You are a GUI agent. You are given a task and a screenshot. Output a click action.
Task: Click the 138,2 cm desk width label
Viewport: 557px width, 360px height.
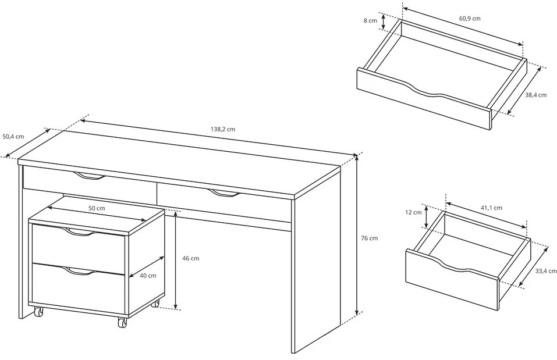[223, 129]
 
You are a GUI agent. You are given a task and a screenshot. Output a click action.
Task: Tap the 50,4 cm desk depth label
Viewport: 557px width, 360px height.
[13, 136]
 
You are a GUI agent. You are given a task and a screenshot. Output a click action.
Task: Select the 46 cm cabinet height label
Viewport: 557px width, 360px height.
[191, 258]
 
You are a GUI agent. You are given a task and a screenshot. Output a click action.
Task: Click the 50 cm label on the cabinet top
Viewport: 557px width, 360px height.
[97, 208]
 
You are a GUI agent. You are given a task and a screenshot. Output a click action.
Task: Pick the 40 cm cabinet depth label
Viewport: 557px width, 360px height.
[148, 275]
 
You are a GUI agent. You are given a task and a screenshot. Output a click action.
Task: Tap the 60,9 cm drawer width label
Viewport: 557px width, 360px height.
[470, 18]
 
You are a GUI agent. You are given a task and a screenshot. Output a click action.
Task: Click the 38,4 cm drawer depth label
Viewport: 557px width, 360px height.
[536, 95]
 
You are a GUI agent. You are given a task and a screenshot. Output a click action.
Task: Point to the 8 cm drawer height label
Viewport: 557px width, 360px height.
[370, 20]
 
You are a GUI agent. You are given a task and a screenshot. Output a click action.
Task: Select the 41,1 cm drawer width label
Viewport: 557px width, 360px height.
[491, 208]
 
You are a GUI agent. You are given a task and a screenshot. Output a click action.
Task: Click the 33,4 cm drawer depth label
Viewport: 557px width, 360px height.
[545, 271]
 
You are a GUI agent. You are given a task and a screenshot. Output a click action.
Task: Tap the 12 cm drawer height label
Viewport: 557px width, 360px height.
[413, 212]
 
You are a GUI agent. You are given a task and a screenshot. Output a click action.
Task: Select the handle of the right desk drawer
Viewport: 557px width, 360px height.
[225, 194]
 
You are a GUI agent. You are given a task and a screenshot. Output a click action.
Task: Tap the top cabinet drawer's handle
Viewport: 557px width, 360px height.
[80, 233]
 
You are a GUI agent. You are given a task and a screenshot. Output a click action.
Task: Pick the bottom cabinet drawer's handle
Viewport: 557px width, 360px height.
[80, 272]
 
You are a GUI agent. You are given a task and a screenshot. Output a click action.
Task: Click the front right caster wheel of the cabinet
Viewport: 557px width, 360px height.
[122, 322]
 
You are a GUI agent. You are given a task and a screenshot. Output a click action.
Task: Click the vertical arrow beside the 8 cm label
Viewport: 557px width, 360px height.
[384, 22]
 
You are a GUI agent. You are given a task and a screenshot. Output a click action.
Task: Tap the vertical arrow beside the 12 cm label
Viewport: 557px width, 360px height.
[427, 216]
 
